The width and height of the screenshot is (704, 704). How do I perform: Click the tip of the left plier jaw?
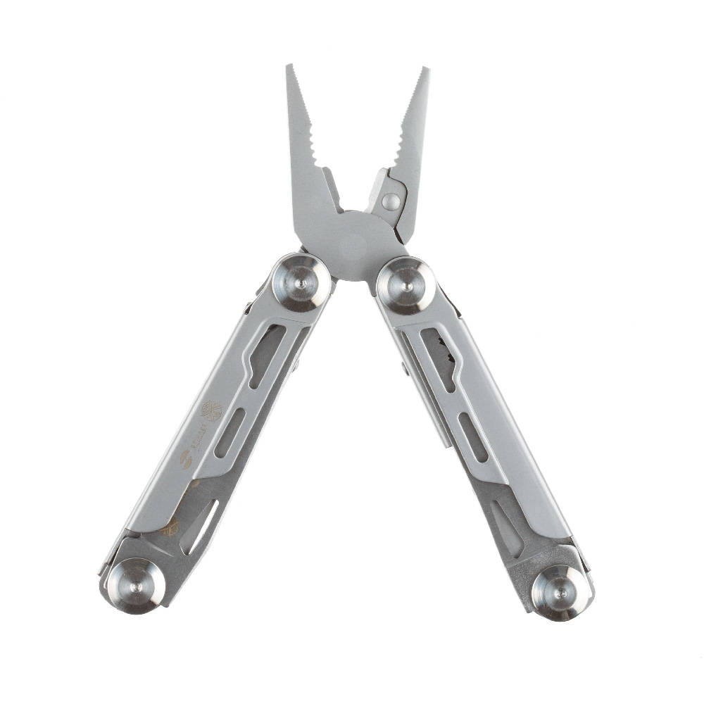[x=289, y=68]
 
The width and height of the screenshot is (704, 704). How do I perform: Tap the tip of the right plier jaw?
[x=425, y=71]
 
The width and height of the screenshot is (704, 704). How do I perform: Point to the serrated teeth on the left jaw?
[x=310, y=134]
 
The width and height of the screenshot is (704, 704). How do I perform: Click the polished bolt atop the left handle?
[x=301, y=282]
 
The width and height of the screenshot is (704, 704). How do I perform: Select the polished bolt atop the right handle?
[x=406, y=285]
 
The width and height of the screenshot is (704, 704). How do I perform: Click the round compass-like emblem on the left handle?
[x=211, y=410]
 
